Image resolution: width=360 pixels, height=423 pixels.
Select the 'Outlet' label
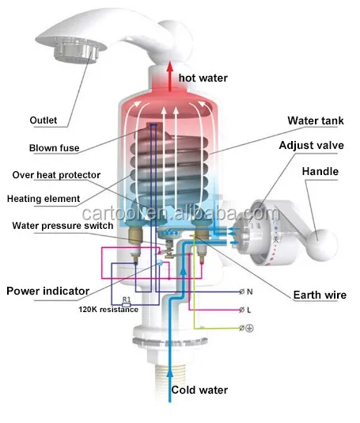pyautogui.click(x=44, y=120)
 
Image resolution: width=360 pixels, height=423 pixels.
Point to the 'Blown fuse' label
pyautogui.click(x=54, y=147)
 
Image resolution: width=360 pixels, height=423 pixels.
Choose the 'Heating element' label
pyautogui.click(x=44, y=198)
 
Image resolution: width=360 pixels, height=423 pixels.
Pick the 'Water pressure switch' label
pyautogui.click(x=61, y=225)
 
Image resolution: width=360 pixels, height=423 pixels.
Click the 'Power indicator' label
pyautogui.click(x=47, y=291)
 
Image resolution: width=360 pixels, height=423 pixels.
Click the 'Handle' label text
pyautogui.click(x=320, y=172)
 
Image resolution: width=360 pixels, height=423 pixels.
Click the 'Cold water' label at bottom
pyautogui.click(x=200, y=390)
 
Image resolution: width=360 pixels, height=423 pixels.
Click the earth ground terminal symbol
pyautogui.click(x=246, y=328)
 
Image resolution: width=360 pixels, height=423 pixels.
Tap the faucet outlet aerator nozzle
pyautogui.click(x=77, y=53)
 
